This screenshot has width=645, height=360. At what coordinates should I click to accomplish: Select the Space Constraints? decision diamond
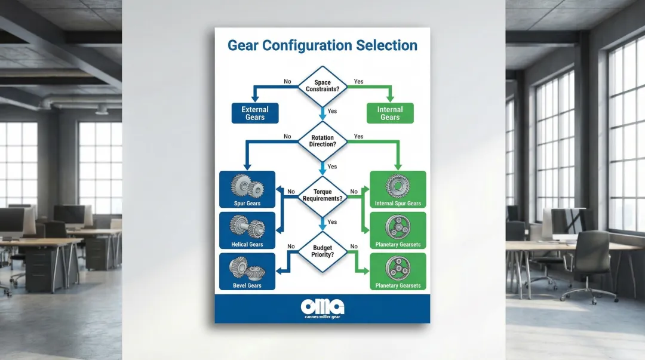click(322, 85)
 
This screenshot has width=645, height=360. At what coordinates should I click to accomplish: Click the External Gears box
click(255, 113)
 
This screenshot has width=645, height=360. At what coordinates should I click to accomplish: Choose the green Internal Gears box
click(390, 113)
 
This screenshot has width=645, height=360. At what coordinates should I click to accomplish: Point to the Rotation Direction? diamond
click(322, 141)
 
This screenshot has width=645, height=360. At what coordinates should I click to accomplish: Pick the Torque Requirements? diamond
click(322, 195)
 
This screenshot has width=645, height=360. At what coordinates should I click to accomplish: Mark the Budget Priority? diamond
click(322, 250)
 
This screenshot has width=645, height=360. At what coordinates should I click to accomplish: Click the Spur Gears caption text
click(247, 204)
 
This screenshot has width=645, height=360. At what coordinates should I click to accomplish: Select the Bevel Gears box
click(247, 272)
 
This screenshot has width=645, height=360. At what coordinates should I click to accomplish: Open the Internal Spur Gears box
click(398, 189)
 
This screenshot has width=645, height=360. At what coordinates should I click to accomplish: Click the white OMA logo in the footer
click(322, 306)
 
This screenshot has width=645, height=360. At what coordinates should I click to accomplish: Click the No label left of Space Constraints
click(287, 81)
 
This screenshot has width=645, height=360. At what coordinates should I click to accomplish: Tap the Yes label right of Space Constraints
click(358, 81)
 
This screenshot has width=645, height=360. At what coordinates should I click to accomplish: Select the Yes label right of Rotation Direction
click(358, 137)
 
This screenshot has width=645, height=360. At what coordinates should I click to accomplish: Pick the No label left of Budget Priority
click(291, 246)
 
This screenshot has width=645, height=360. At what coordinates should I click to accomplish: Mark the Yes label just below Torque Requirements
click(332, 222)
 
